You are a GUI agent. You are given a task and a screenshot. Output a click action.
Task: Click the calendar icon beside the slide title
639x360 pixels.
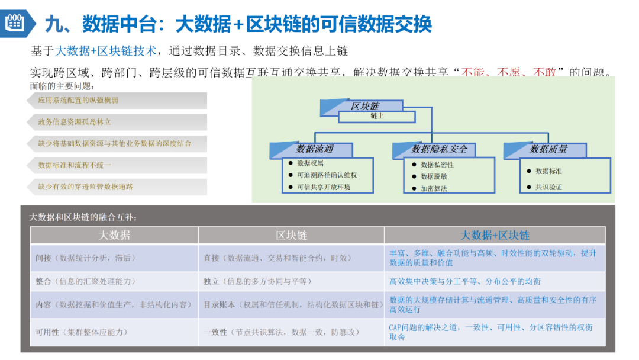tap(14, 22)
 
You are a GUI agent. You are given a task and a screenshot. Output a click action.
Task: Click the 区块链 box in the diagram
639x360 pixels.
tap(364, 106)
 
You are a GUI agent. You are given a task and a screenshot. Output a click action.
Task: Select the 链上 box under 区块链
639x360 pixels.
tap(377, 117)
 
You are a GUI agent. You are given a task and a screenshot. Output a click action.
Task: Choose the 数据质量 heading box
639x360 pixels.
tap(548, 149)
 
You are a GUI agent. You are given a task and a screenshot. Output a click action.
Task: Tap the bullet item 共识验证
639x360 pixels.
tap(548, 187)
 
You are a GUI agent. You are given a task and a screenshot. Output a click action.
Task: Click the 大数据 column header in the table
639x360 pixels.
tap(114, 235)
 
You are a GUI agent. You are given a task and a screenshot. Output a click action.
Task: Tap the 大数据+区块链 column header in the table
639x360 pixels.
tap(495, 235)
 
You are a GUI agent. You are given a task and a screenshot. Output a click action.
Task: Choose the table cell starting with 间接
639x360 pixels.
tap(114, 258)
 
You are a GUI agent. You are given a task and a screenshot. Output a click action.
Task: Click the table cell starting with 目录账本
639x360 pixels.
tap(291, 304)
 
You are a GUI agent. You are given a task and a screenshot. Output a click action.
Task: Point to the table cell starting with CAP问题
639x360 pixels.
tap(495, 332)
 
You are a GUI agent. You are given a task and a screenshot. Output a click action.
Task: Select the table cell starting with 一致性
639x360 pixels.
tap(291, 332)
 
